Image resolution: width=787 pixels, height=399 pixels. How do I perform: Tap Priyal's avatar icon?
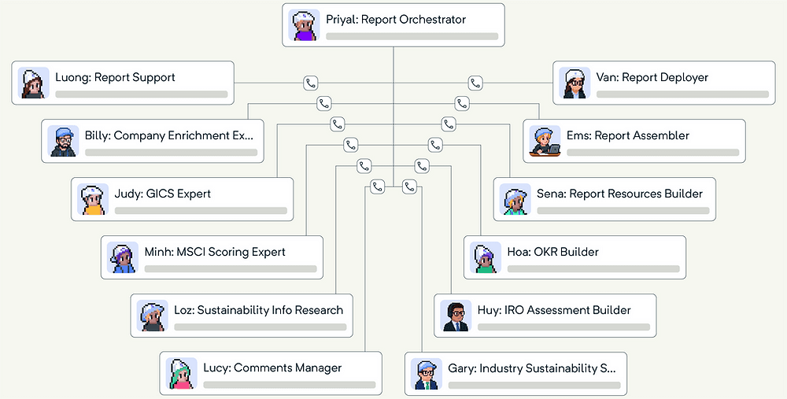click(x=303, y=25)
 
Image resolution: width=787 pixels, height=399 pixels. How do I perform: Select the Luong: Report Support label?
click(x=115, y=78)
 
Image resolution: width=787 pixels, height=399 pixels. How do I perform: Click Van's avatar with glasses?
click(x=574, y=83)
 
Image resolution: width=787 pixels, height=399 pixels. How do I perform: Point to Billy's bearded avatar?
click(x=62, y=141)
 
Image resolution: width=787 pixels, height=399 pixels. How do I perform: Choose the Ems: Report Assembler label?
click(x=627, y=135)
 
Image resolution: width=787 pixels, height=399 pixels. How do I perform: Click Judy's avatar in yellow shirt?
click(x=92, y=199)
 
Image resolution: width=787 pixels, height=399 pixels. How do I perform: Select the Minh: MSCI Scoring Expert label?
click(x=215, y=252)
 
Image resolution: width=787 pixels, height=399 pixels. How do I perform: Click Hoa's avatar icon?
click(x=485, y=257)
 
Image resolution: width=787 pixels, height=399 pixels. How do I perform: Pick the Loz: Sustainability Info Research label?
click(x=258, y=310)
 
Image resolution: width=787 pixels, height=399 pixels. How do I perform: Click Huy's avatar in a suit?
click(x=455, y=316)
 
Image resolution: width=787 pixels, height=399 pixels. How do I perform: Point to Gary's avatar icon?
click(x=425, y=374)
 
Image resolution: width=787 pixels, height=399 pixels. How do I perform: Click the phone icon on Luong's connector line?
click(x=310, y=83)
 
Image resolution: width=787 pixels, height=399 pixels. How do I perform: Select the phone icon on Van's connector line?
click(x=475, y=83)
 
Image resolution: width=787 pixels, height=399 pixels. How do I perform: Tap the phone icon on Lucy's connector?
click(x=377, y=187)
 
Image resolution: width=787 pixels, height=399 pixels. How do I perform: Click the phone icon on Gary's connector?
click(x=408, y=187)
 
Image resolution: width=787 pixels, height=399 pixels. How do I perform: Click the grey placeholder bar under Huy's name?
click(x=563, y=327)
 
